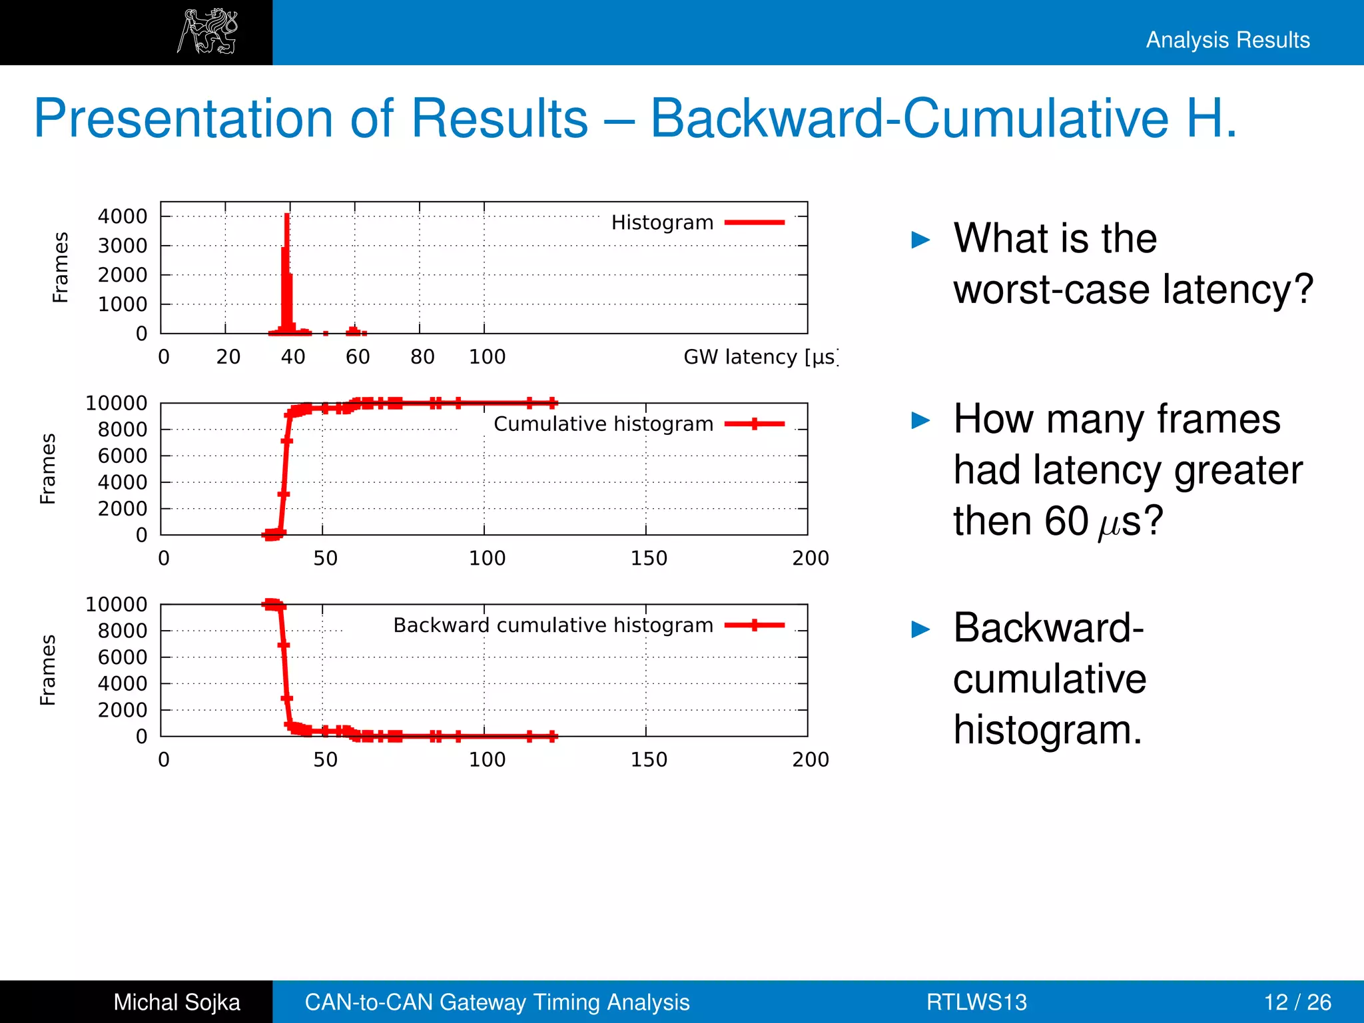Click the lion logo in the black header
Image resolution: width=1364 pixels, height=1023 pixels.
[207, 31]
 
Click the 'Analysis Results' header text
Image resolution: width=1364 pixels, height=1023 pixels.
[1227, 40]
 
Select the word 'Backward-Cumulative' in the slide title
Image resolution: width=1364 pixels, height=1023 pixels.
[908, 119]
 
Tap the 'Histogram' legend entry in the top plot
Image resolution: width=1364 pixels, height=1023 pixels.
[662, 222]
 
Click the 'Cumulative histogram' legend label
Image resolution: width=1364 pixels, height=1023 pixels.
[603, 424]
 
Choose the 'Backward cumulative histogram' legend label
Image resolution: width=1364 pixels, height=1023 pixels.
[553, 625]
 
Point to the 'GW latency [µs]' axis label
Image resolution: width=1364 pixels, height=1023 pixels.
[759, 357]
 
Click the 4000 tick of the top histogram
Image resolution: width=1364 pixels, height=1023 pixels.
[123, 216]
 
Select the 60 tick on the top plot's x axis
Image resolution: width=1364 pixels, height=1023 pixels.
[358, 357]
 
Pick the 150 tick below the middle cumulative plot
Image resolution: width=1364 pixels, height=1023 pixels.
[649, 558]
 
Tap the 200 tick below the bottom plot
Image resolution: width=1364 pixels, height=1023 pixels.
[810, 760]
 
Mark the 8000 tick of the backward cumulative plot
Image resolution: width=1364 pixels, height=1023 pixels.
[123, 631]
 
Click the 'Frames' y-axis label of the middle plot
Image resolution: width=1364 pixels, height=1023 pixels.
[48, 469]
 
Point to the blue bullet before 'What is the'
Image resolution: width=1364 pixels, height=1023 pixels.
[920, 240]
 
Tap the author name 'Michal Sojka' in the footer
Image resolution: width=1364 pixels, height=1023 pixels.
[176, 1002]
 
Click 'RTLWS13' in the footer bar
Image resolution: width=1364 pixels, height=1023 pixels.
[976, 1002]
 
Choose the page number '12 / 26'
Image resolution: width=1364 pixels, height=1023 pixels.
[1297, 1002]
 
